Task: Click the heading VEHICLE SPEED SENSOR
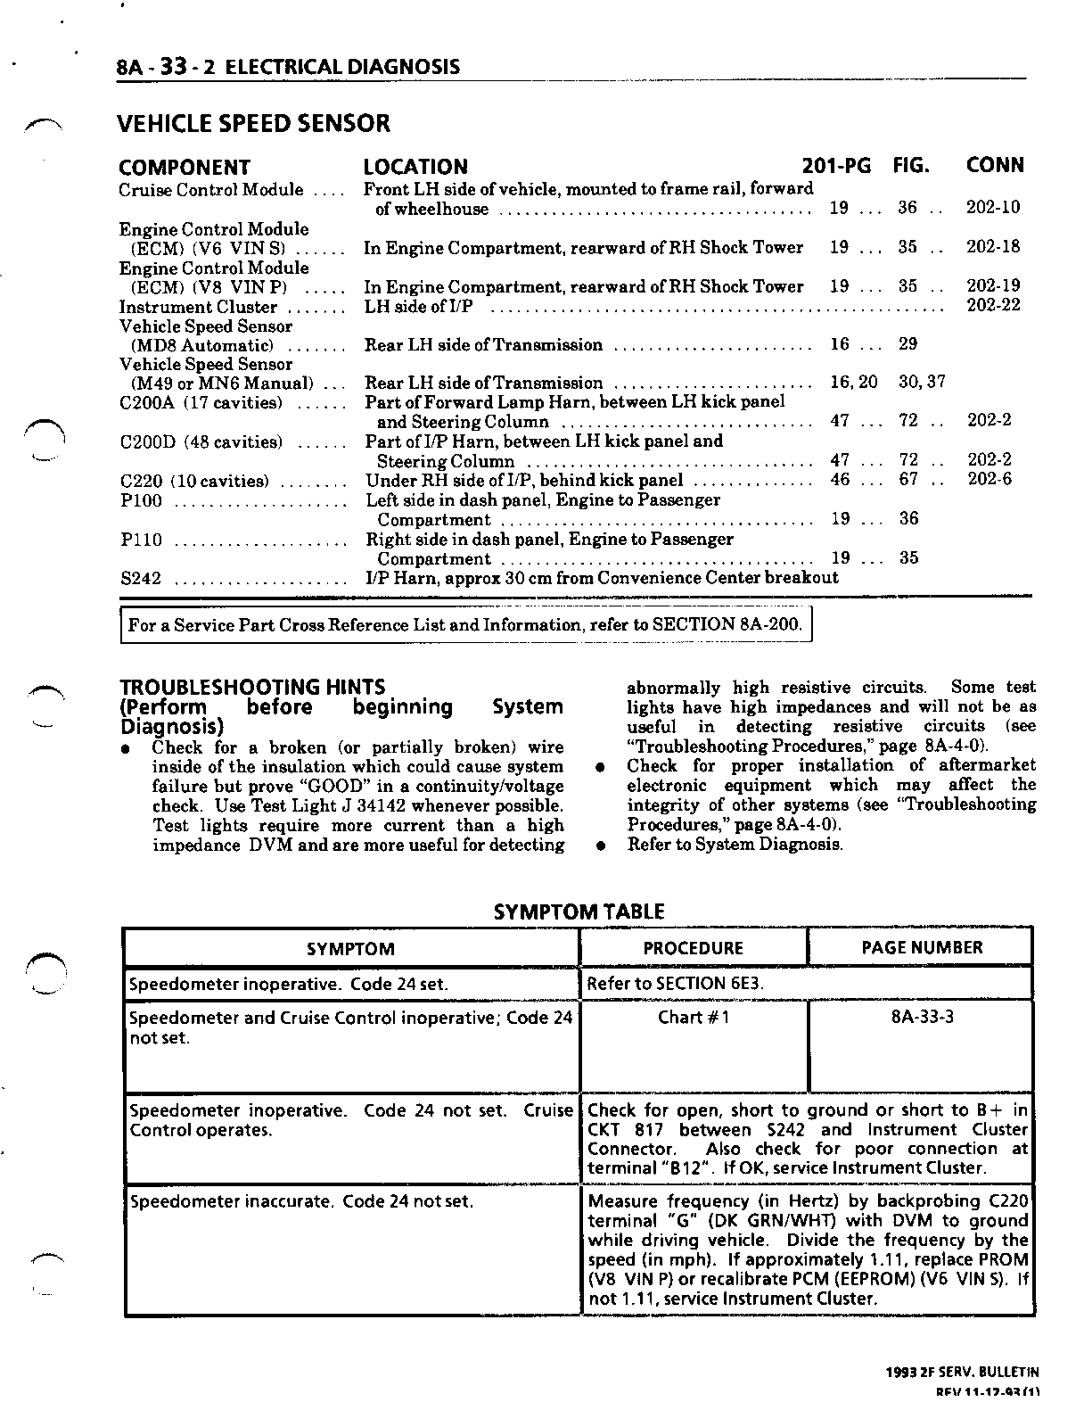[x=254, y=123]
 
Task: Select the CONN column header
[x=995, y=166]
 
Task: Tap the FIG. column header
[x=911, y=166]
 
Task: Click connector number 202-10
[x=993, y=208]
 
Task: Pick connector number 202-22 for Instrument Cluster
[x=993, y=305]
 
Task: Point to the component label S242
[x=141, y=579]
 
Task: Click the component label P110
[x=141, y=540]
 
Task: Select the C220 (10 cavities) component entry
[x=193, y=482]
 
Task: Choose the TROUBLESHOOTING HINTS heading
[x=252, y=687]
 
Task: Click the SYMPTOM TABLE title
[x=579, y=911]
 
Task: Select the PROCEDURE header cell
[x=693, y=948]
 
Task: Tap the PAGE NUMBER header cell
[x=922, y=948]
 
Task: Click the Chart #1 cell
[x=693, y=1018]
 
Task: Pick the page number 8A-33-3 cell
[x=922, y=1018]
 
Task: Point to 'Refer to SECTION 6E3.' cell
[x=676, y=984]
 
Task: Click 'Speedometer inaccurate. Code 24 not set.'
[x=301, y=1201]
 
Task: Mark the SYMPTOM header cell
[x=350, y=949]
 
